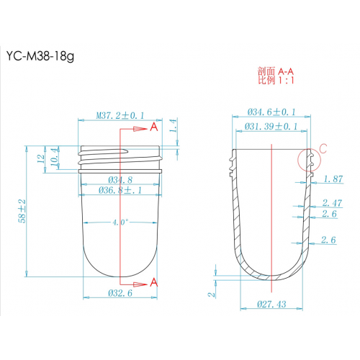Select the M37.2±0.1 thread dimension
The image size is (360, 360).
120,114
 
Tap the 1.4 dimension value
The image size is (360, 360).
172,127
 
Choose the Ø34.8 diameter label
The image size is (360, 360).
120,179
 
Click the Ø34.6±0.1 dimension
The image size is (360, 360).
272,113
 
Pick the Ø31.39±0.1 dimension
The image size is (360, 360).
272,127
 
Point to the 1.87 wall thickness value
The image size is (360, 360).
333,179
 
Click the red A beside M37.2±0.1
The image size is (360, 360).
153,127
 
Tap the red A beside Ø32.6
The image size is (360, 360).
153,283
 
